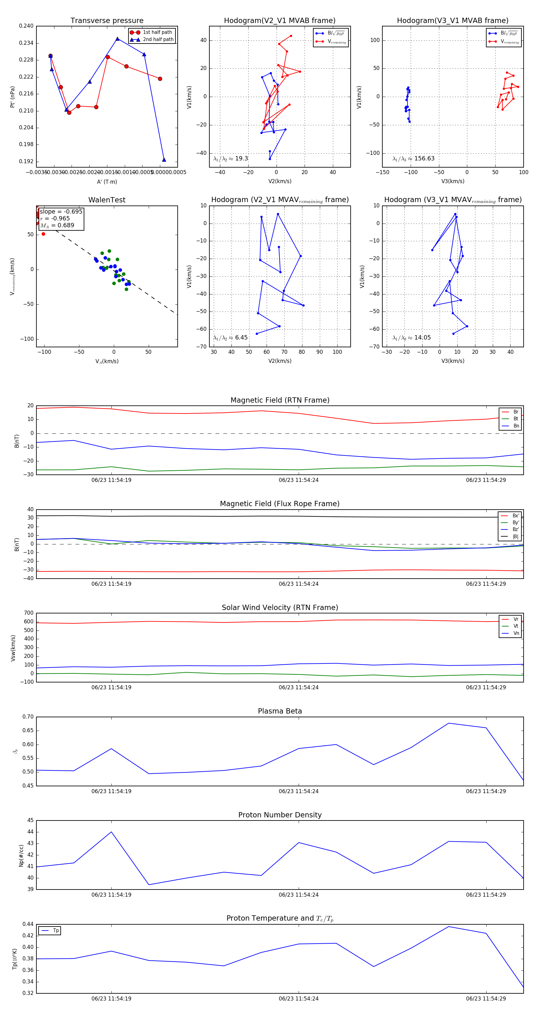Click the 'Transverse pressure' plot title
(x=107, y=21)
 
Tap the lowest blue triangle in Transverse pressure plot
(x=164, y=160)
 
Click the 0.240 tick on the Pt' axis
(x=26, y=26)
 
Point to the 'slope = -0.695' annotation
(x=61, y=211)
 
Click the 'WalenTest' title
(x=107, y=200)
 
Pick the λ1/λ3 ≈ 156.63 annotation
(x=413, y=159)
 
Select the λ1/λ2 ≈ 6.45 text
(x=230, y=338)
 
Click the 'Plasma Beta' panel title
(x=280, y=711)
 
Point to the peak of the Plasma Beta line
(x=448, y=723)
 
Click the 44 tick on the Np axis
(x=31, y=832)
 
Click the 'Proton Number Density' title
(x=280, y=815)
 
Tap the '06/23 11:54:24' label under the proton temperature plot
(x=299, y=999)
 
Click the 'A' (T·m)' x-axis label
(x=107, y=182)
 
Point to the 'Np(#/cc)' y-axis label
(x=21, y=856)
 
